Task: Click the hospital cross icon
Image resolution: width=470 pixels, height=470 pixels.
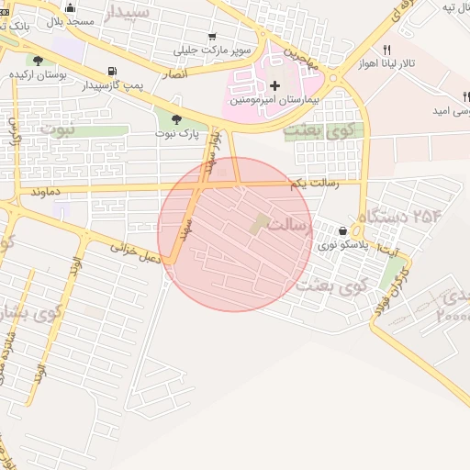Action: pos(275,84)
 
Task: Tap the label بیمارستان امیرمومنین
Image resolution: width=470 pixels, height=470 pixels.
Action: pos(275,98)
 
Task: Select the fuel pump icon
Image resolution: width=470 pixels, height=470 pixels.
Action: pos(111,71)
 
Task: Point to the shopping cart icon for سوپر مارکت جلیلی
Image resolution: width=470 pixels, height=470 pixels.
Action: pos(212,37)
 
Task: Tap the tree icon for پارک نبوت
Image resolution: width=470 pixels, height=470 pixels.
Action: pos(175,119)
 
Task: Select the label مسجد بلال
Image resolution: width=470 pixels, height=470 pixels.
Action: pos(93,19)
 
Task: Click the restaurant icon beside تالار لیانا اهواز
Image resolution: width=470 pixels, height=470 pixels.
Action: pos(386,50)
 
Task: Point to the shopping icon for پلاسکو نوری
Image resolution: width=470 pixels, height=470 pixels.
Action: pos(342,231)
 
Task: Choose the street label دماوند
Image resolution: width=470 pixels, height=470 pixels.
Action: pos(45,192)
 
